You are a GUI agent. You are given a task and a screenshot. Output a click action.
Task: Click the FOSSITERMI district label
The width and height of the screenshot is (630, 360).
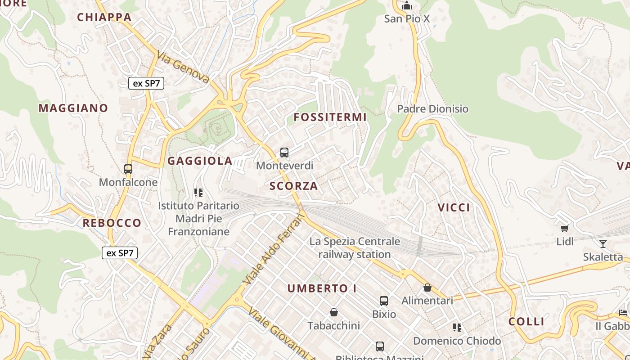[330, 117]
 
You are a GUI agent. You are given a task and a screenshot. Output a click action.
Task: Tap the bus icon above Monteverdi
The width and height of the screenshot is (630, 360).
[284, 153]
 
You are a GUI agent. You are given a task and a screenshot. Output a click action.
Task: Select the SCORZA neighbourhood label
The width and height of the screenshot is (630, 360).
[293, 186]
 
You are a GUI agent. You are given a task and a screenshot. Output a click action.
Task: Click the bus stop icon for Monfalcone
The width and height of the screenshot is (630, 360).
[128, 169]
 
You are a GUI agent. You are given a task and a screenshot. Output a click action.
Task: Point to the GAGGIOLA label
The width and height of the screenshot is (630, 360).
[200, 161]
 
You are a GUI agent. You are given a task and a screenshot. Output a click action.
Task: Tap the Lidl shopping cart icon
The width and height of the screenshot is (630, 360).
[565, 229]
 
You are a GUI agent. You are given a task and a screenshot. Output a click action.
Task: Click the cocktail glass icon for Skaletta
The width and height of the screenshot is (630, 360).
[603, 244]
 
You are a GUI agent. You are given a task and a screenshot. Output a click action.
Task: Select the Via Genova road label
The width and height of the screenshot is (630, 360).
[183, 67]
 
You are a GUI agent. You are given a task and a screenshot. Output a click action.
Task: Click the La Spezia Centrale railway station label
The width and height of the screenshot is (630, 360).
[355, 247]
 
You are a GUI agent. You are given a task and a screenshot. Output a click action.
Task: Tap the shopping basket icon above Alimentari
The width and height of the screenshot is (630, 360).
[427, 288]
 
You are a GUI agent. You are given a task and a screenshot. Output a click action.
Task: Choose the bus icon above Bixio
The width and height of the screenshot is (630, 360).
[384, 301]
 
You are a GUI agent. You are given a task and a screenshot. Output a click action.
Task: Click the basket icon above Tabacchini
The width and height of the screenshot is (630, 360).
[334, 312]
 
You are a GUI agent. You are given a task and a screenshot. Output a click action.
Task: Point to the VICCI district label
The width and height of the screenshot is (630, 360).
[454, 207]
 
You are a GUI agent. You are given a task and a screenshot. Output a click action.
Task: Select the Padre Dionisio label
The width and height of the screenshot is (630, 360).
[432, 109]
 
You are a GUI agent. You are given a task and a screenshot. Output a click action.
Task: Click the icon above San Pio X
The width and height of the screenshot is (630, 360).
[407, 6]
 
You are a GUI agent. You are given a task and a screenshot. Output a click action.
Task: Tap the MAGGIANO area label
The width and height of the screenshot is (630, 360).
[73, 108]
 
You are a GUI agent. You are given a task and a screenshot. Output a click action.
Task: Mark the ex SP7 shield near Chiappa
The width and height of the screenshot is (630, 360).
[146, 83]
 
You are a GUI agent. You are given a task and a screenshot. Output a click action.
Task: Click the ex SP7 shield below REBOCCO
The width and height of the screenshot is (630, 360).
[120, 253]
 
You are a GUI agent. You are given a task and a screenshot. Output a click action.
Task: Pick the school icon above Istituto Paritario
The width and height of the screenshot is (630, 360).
[198, 193]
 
